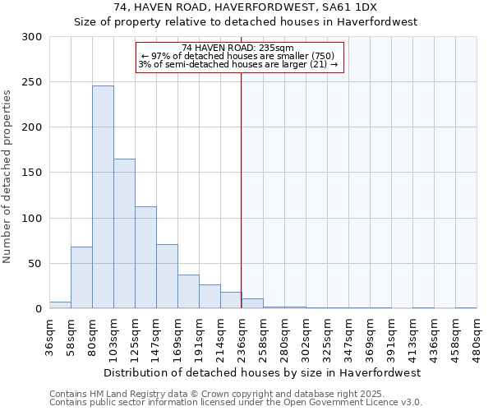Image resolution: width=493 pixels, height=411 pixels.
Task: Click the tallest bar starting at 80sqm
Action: [103, 197]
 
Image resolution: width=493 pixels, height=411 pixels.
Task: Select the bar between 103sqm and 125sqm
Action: [124, 233]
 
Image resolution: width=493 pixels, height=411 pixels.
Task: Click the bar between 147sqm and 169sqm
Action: [167, 276]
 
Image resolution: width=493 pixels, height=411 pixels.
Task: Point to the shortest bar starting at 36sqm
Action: [60, 305]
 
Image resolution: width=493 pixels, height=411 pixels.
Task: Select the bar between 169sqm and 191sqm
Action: [188, 292]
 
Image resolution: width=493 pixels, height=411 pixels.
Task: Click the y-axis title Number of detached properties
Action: [7, 177]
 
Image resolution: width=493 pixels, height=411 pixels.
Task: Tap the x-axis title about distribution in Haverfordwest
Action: [263, 372]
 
